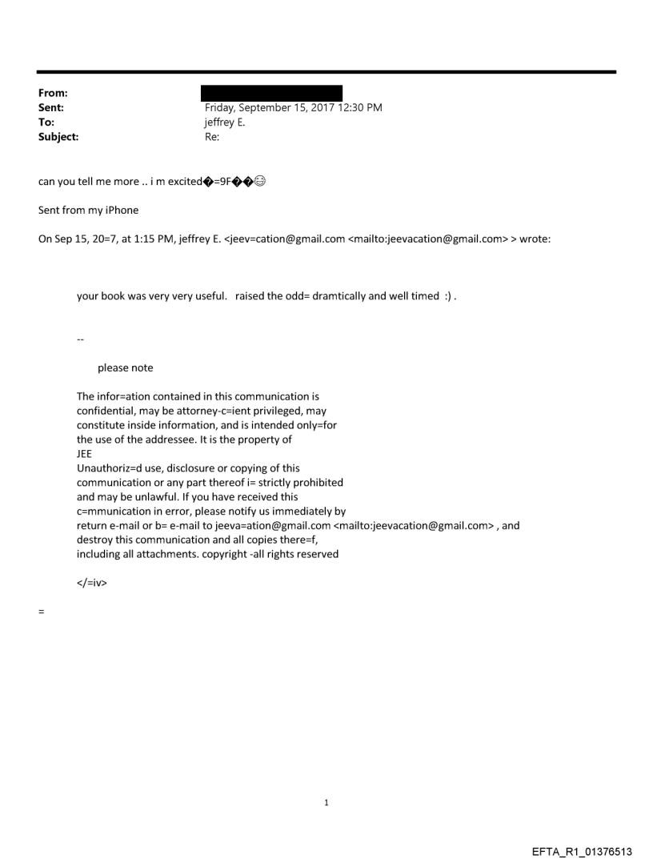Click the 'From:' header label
point(51,93)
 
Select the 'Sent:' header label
point(50,107)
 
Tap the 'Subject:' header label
point(58,137)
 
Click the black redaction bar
point(271,93)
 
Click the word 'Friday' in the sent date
point(221,107)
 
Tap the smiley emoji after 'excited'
point(260,181)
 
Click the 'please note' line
point(125,368)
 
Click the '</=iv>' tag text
point(92,583)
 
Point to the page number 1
point(326,802)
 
